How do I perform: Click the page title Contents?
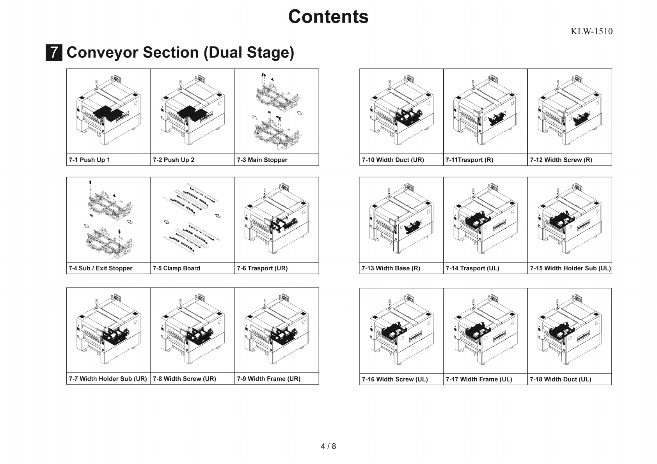(x=328, y=17)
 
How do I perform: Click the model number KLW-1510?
(x=591, y=32)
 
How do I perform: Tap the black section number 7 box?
(x=54, y=53)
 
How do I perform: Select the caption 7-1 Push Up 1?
(x=89, y=160)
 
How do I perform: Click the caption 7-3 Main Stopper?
(x=262, y=160)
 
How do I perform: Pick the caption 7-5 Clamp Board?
(x=176, y=268)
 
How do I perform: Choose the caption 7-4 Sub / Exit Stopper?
(x=101, y=268)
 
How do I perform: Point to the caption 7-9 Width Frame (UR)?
(x=268, y=379)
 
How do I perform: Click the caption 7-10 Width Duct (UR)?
(x=393, y=160)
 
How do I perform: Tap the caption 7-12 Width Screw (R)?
(x=561, y=160)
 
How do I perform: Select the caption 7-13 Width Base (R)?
(x=391, y=268)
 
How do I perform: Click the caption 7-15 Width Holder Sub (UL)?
(x=570, y=268)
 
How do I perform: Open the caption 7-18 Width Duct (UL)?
(x=560, y=379)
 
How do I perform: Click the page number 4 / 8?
(x=328, y=446)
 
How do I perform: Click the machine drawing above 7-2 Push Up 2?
(x=192, y=111)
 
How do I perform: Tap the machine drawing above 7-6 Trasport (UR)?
(x=277, y=220)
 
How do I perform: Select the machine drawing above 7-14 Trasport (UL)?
(x=485, y=220)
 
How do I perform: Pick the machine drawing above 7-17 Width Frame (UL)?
(x=485, y=331)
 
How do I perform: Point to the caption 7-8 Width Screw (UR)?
(x=184, y=379)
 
